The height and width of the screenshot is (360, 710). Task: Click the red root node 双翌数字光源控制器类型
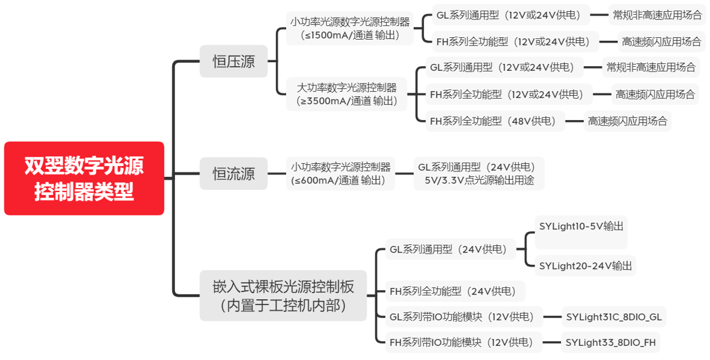84,178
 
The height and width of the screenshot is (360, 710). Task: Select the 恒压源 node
234,61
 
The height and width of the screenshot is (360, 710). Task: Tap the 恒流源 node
234,173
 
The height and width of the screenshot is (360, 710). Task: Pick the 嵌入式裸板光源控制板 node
283,296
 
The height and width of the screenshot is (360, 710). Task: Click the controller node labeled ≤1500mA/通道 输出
350,28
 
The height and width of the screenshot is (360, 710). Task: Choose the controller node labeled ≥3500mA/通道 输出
347,94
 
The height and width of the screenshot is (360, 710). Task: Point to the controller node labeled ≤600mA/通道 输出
341,173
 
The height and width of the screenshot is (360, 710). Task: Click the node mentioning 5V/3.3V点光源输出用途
479,173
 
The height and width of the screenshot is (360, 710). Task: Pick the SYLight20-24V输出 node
585,266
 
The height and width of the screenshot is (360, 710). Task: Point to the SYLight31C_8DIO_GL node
613,317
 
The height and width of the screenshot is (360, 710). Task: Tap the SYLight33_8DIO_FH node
610,342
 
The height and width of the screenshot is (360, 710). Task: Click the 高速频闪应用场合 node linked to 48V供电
627,121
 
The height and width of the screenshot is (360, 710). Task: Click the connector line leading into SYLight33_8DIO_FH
552,342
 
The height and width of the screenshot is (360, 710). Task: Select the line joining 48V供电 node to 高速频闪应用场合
574,121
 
